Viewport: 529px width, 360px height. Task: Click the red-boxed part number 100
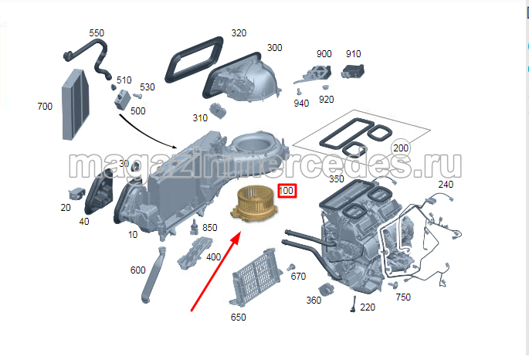click(287, 191)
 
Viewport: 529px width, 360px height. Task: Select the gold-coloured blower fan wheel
click(254, 205)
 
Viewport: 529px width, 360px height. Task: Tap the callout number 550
click(97, 33)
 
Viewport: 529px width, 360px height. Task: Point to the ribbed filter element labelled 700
click(76, 104)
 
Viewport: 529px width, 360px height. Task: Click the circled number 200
click(401, 148)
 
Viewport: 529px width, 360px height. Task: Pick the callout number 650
click(238, 318)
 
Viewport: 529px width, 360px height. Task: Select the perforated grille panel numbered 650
click(256, 277)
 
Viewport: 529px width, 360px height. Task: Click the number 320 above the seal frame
click(239, 32)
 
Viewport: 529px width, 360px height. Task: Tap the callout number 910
click(354, 53)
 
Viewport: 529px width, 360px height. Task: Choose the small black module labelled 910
click(353, 71)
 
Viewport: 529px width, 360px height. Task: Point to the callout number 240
click(446, 184)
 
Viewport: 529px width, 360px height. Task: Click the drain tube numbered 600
click(153, 275)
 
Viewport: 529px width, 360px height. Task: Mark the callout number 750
click(403, 297)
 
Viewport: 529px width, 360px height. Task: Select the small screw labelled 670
click(290, 267)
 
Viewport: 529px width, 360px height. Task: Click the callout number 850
click(209, 227)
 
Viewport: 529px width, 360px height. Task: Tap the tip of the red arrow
click(240, 232)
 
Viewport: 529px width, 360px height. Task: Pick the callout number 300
click(275, 48)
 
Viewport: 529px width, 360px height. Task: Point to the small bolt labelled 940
click(299, 91)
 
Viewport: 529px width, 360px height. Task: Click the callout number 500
click(137, 110)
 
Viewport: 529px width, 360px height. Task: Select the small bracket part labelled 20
click(76, 194)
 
